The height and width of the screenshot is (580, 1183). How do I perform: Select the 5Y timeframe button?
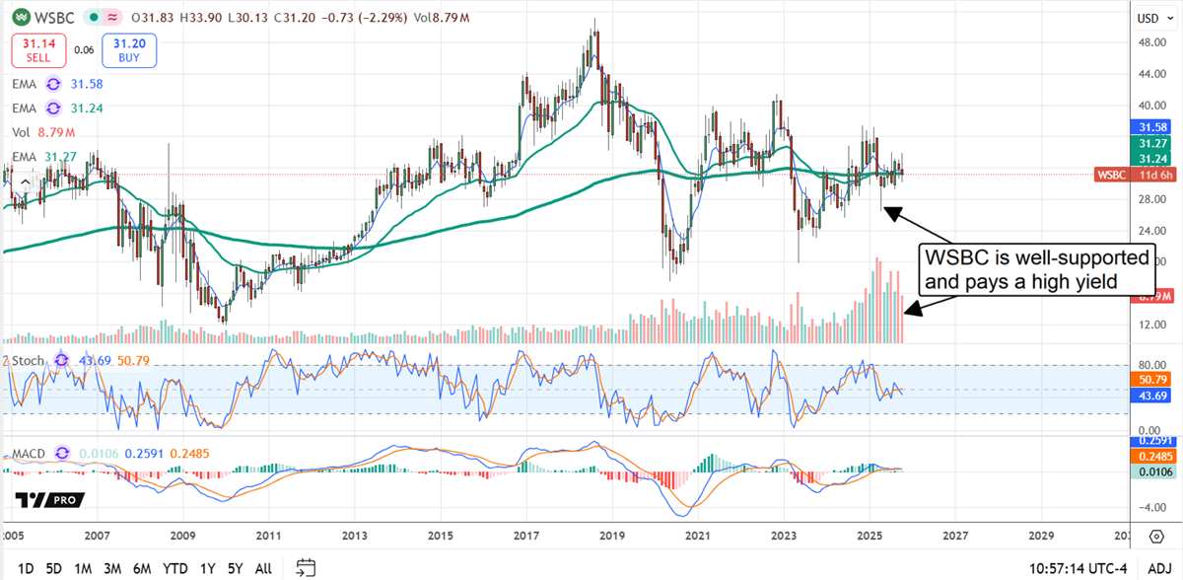[234, 568]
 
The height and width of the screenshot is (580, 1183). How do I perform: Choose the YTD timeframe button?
[175, 568]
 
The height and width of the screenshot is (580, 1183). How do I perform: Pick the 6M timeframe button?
[143, 568]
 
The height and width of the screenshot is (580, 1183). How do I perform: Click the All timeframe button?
[263, 568]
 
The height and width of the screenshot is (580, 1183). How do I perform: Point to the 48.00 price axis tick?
[1143, 42]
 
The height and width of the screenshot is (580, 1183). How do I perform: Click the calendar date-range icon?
[306, 567]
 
